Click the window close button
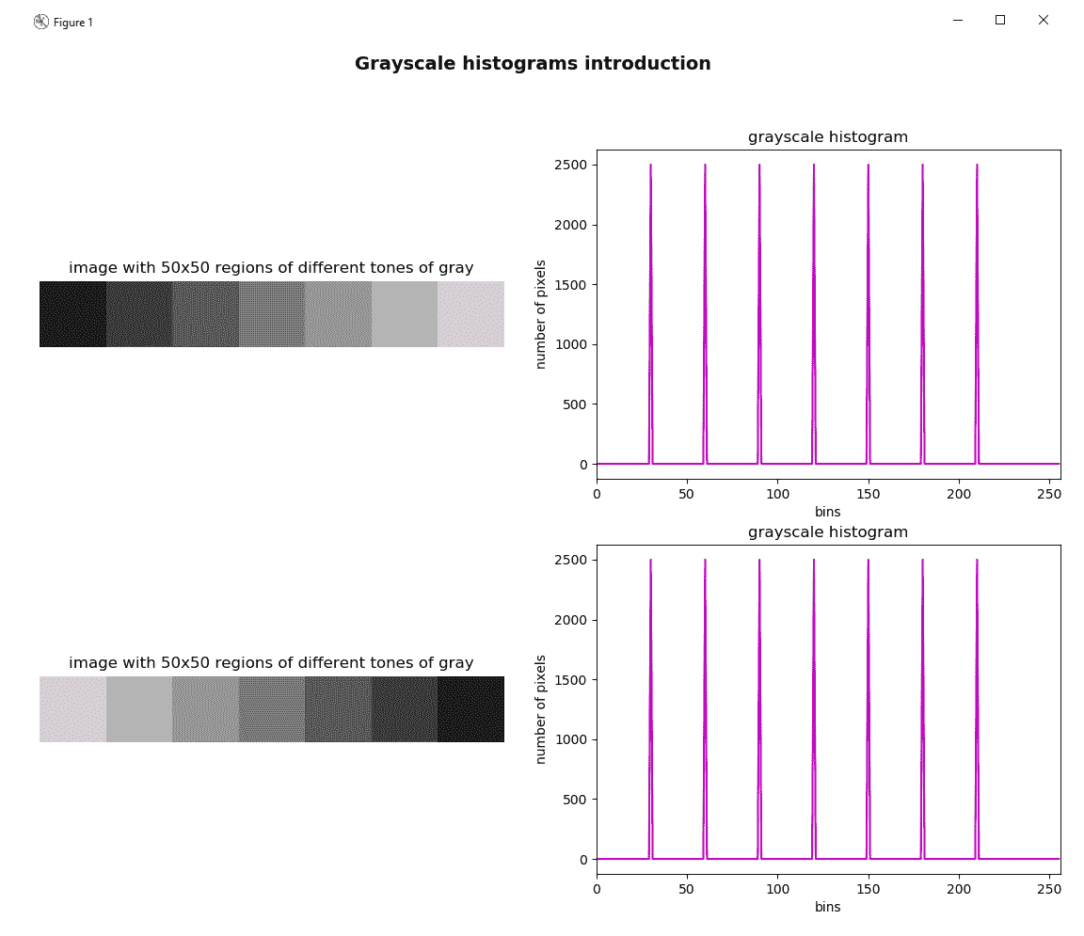1043,20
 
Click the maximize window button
1000,20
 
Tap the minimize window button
957,20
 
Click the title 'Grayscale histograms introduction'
533,64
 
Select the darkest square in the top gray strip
72,314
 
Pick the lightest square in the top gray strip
470,314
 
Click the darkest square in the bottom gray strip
470,709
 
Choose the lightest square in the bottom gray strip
72,709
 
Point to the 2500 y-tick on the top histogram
569,166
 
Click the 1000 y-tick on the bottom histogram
569,740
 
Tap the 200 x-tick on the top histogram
959,493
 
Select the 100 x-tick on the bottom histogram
777,888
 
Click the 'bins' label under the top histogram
827,512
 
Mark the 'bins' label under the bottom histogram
827,907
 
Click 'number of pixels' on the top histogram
541,314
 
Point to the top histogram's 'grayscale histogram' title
827,137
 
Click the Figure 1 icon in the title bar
41,22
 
